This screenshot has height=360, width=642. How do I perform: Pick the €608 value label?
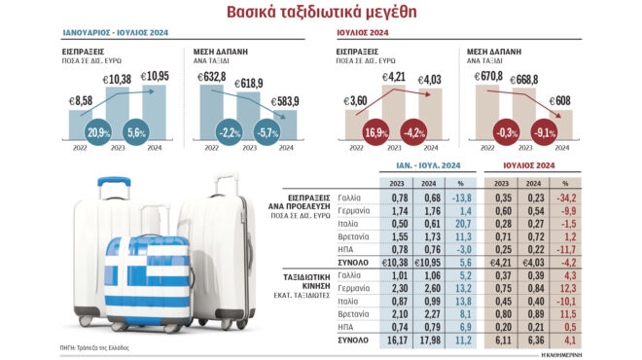(562, 99)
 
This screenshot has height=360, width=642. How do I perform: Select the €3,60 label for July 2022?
(356, 99)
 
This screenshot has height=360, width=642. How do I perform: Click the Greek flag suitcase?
(147, 277)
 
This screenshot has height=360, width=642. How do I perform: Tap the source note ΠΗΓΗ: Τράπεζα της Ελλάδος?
(94, 348)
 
